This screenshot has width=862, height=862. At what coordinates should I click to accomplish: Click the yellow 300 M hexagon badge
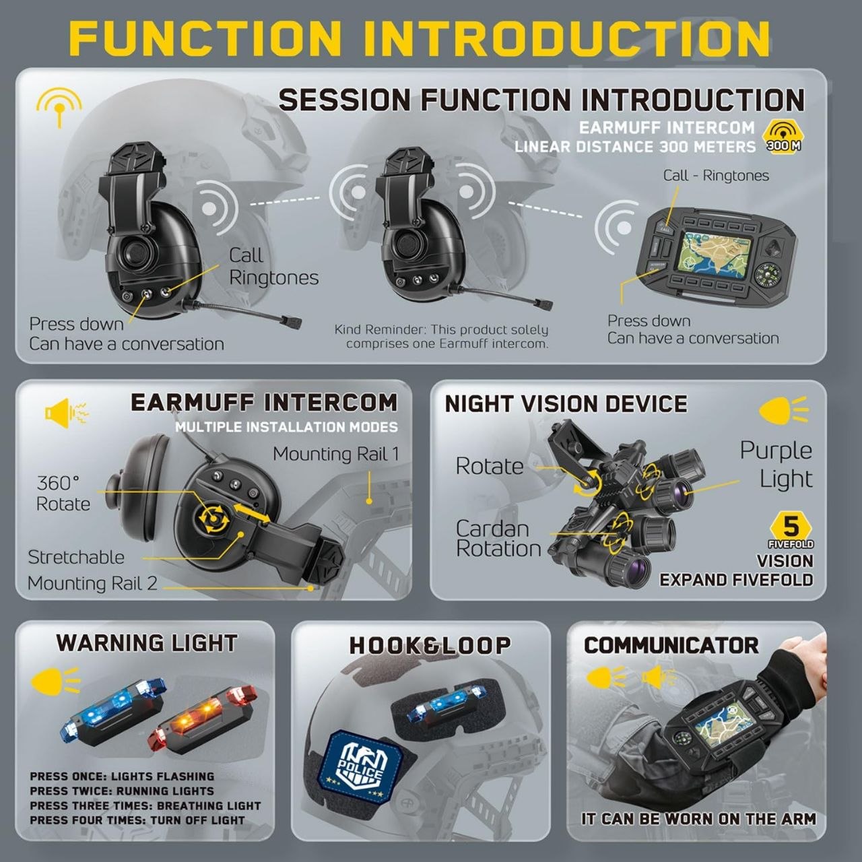783,137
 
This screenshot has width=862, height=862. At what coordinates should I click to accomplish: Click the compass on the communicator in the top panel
769,276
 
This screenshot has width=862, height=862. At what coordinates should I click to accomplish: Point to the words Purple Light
776,464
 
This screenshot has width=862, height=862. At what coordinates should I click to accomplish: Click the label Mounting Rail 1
335,454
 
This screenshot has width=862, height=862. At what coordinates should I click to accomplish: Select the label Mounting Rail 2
92,583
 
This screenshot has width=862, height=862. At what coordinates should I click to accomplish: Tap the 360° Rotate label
63,494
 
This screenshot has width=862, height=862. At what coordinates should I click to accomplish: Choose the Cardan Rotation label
498,539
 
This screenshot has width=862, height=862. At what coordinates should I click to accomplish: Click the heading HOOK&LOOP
430,646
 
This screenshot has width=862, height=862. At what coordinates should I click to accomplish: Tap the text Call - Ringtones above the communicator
716,175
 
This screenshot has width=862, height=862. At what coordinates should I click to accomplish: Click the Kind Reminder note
442,337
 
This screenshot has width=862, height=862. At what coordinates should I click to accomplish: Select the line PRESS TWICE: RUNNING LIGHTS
122,791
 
